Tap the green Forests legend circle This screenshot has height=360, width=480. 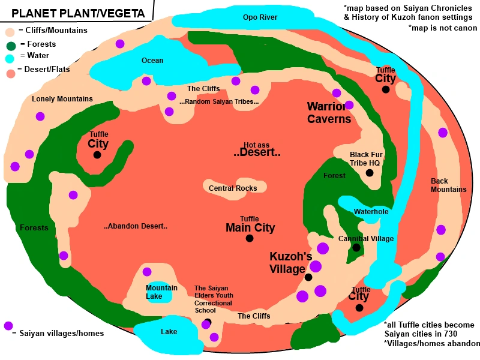coord(11,45)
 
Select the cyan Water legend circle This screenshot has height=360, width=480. coord(10,58)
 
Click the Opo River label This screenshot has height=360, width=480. coord(260,17)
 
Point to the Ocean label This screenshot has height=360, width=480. coord(152,61)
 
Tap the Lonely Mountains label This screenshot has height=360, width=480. coord(62,99)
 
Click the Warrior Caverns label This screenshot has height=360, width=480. coord(329,113)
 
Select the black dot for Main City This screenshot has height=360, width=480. coord(250,238)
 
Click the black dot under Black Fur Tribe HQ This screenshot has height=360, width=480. coord(370,173)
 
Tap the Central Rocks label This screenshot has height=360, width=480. coord(233,188)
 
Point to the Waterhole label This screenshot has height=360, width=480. coord(371,212)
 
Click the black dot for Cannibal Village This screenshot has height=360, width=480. coord(356,247)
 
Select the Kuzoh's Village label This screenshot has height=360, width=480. coord(290,263)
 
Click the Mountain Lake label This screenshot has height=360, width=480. coord(161,292)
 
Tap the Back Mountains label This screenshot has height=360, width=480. coord(448,185)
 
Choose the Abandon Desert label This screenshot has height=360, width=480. coord(135,226)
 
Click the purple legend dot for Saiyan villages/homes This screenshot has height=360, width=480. coord(8,326)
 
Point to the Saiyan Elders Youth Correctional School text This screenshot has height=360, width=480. coord(213,299)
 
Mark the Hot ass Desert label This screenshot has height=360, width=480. coord(257,150)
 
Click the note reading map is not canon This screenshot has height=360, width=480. coord(442,28)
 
